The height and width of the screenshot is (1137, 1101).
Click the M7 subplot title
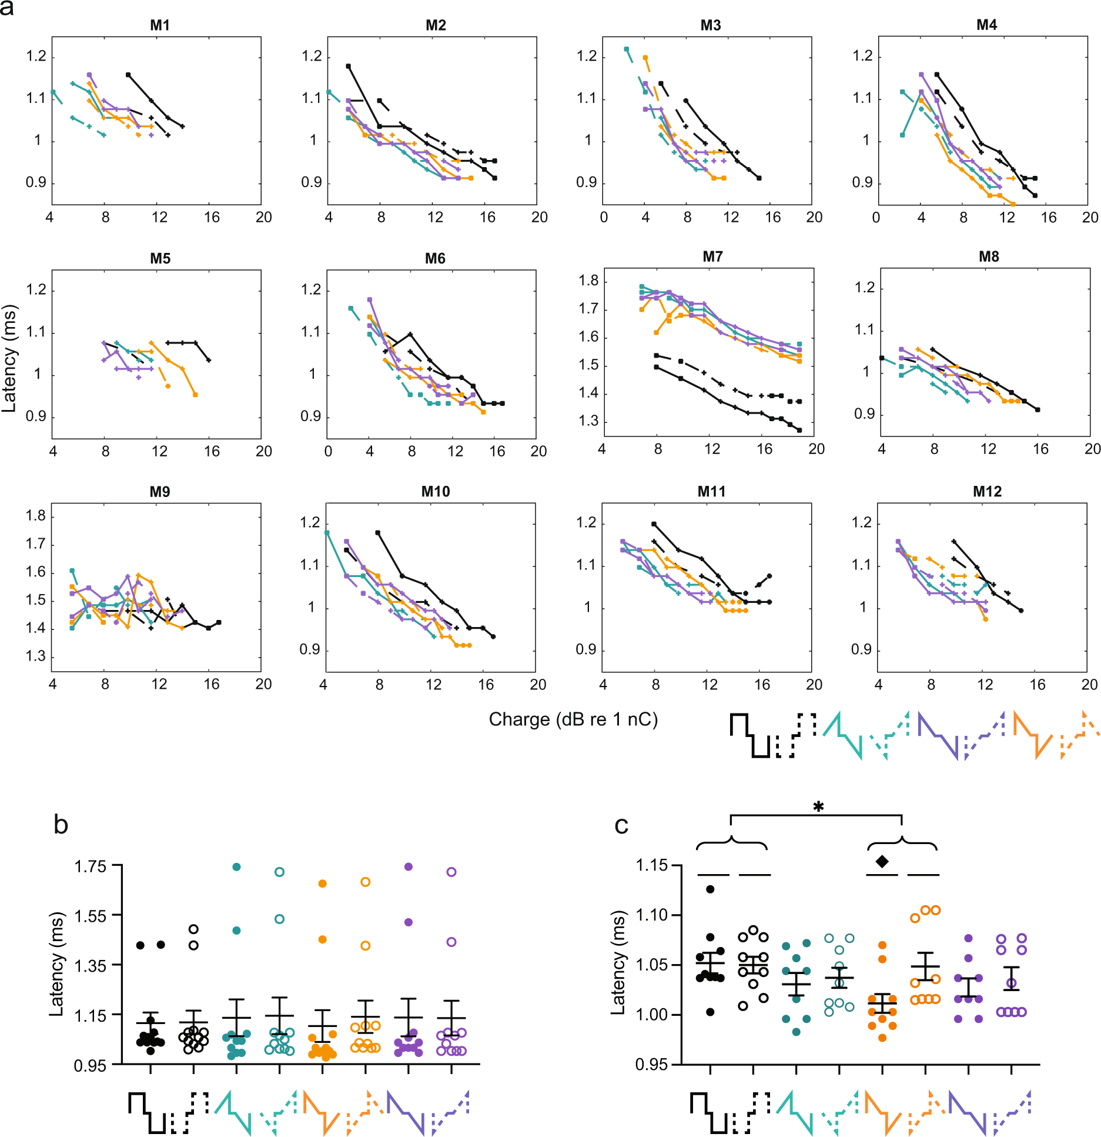tap(712, 256)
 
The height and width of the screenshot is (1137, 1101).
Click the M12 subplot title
tap(986, 491)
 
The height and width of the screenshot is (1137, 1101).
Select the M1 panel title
tap(160, 25)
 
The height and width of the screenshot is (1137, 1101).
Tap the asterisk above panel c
tap(818, 807)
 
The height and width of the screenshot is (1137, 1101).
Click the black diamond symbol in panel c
tap(882, 861)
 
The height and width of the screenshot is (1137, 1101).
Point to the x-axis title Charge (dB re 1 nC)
tap(573, 719)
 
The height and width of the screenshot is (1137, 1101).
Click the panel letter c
tap(621, 825)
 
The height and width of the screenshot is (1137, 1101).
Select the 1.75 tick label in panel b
tap(90, 866)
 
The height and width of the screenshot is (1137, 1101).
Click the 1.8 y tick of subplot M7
tap(588, 281)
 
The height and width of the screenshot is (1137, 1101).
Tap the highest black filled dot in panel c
tap(710, 889)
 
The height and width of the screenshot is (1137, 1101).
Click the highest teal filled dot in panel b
tap(236, 866)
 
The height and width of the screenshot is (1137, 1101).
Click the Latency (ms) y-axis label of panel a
tap(9, 358)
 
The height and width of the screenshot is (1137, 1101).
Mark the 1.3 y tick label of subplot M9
tap(35, 656)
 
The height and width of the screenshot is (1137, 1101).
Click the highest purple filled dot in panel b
tap(409, 866)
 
